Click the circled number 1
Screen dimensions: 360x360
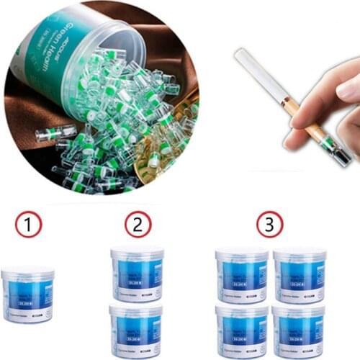29,225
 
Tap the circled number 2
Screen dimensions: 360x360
138,225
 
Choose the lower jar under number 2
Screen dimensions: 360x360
136,330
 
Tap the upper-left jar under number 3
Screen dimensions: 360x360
242,275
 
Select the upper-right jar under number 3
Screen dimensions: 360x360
300,275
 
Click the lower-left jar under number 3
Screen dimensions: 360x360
242,330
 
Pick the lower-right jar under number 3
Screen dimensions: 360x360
300,330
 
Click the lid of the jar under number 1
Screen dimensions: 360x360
27,273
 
